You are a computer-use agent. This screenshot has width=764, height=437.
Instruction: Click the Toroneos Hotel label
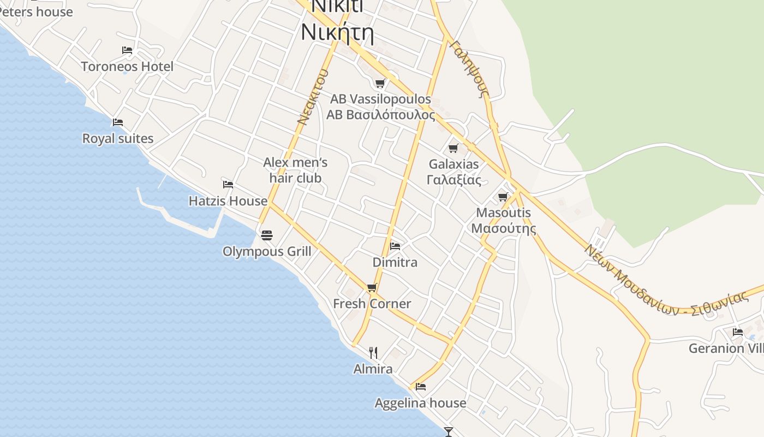tap(127, 67)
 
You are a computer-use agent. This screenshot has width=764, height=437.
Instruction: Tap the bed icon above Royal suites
tap(117, 122)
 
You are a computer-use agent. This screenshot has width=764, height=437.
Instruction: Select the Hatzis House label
tap(228, 201)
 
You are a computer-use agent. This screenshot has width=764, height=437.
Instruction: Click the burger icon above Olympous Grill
tap(266, 235)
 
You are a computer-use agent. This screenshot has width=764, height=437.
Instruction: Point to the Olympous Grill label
tap(267, 251)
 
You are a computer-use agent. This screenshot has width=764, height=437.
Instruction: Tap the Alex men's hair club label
tap(295, 170)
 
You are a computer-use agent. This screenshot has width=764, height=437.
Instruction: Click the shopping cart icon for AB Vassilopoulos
tap(380, 83)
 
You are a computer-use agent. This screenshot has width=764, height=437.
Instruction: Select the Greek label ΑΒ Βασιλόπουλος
tap(381, 115)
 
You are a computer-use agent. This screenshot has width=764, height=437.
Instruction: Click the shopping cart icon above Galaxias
tap(453, 148)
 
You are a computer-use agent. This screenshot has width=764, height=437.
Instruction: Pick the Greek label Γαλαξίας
tap(454, 180)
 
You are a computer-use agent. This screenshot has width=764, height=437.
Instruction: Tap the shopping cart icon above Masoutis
tap(503, 197)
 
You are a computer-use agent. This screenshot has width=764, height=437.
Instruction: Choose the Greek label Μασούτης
tap(504, 228)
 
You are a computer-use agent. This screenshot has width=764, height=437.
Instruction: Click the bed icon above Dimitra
tap(395, 246)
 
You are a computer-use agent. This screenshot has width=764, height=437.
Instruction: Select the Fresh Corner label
tap(372, 304)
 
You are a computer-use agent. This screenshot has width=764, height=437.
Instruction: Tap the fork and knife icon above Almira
tap(373, 352)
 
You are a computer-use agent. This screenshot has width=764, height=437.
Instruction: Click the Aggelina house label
tap(420, 403)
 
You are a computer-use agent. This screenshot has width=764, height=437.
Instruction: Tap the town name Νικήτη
tap(337, 32)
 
